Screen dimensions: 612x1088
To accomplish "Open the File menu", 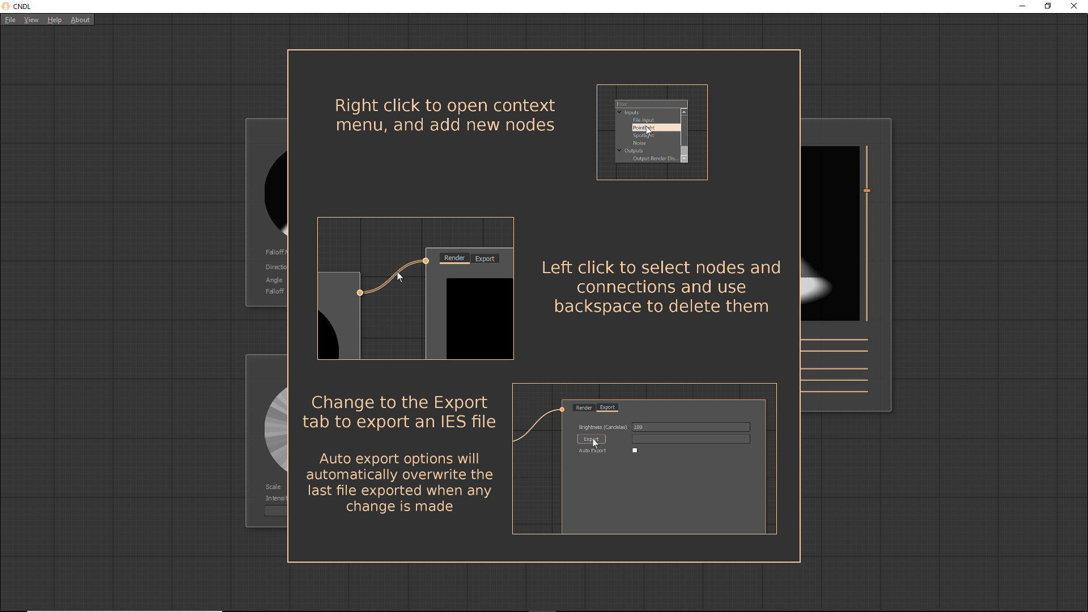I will point(10,20).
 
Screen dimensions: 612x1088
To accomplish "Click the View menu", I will point(31,20).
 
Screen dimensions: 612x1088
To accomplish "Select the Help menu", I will point(54,20).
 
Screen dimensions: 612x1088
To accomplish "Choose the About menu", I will point(80,20).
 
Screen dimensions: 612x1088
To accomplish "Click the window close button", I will point(1073,6).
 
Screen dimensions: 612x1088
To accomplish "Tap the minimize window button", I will point(1022,6).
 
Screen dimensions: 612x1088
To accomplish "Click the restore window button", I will point(1048,6).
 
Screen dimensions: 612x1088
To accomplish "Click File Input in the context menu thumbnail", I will point(643,120).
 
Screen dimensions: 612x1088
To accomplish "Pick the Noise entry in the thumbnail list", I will point(639,143).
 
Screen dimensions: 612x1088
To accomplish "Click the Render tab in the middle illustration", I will point(454,258).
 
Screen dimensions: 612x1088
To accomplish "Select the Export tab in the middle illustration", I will point(484,259).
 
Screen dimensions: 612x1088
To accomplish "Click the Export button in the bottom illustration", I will point(591,439).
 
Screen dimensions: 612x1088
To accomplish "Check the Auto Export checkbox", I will point(635,450).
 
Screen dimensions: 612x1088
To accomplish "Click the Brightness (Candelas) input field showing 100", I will point(690,427).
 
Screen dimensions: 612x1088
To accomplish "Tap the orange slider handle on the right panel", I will point(866,191).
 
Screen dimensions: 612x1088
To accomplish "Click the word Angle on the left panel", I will point(274,280).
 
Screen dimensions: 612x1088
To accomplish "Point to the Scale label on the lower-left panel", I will point(273,487).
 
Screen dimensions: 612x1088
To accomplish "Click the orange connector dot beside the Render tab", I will point(426,261).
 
